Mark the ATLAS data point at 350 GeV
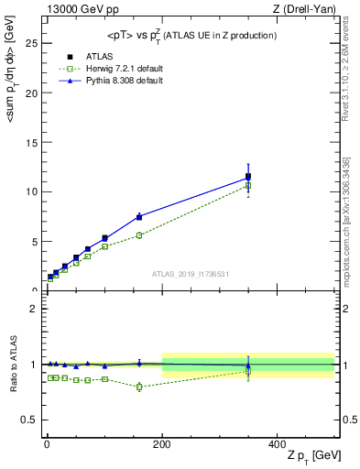[x=248, y=176]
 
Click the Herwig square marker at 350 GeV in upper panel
[x=248, y=186]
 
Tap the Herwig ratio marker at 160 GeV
[x=139, y=387]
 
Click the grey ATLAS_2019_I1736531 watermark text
[x=190, y=274]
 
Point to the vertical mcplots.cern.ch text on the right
[x=349, y=220]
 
